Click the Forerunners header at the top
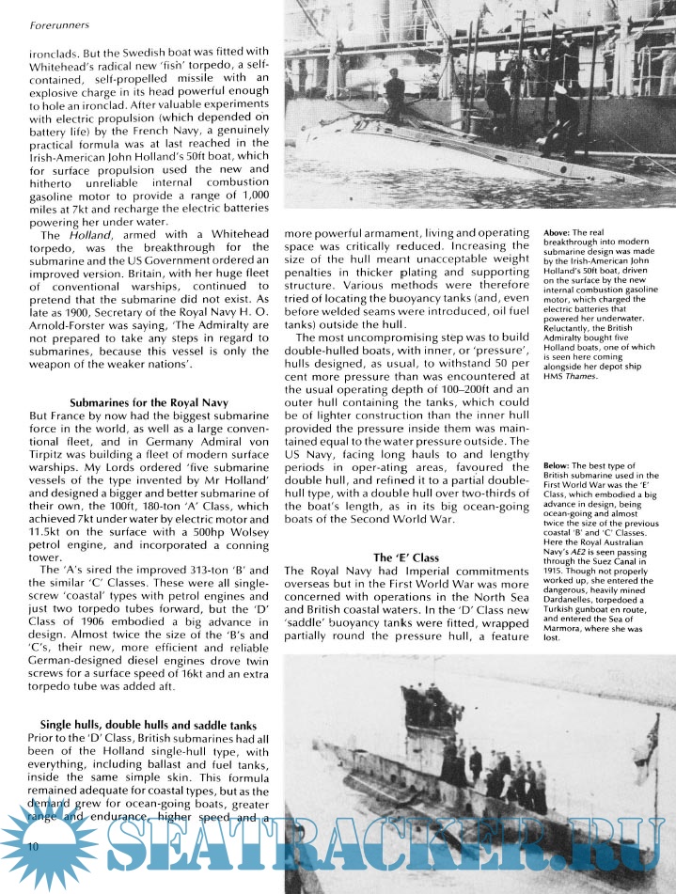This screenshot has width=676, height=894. coord(44,13)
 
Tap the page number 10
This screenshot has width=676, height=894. coord(32,847)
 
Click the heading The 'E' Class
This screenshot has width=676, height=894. coord(408,557)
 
